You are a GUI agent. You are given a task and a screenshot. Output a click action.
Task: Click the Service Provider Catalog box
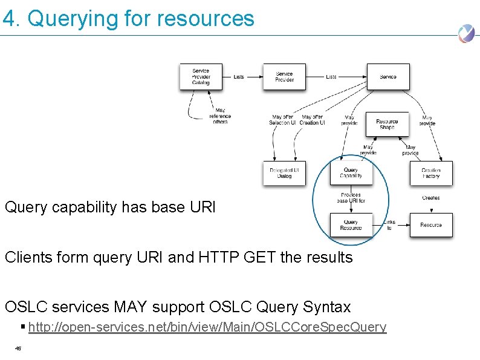tap(201, 77)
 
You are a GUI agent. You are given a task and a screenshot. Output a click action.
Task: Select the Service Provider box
tap(284, 77)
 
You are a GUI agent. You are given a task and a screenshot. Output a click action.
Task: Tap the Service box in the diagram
tap(388, 77)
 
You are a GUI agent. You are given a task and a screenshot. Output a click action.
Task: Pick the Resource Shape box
tap(387, 125)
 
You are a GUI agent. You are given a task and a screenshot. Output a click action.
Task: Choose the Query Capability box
tap(351, 173)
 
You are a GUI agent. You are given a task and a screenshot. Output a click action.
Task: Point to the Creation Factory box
tap(430, 173)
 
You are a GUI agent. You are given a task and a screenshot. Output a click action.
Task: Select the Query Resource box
tap(351, 225)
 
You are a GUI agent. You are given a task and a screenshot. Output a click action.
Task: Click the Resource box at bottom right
tap(430, 225)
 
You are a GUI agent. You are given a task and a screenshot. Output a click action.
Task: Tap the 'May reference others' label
tap(220, 116)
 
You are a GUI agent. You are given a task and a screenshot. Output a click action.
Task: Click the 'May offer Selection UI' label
tap(282, 120)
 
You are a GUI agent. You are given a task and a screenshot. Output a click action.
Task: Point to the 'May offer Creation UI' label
tap(312, 120)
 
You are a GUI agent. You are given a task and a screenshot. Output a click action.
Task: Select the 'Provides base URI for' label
tap(351, 198)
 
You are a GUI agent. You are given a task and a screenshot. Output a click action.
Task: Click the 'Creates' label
tap(430, 198)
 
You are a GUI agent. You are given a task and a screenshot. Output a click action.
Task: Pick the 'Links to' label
tap(389, 225)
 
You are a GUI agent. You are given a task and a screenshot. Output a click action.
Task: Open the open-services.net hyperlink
tap(207, 327)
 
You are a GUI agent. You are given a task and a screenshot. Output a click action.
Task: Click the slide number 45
tap(18, 348)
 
